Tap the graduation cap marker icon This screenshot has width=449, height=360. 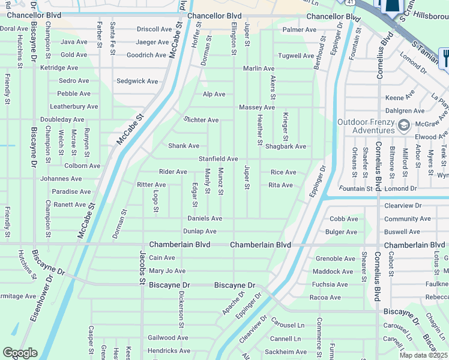pyautogui.click(x=404, y=125)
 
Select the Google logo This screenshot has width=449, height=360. pyautogui.click(x=20, y=353)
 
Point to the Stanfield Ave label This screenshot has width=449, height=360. pyautogui.click(x=218, y=159)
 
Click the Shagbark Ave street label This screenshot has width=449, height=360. pyautogui.click(x=286, y=146)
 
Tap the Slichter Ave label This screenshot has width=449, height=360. pyautogui.click(x=201, y=120)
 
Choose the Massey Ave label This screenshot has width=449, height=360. pyautogui.click(x=257, y=107)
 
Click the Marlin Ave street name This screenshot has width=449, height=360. pyautogui.click(x=259, y=68)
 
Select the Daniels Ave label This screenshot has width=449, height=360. pyautogui.click(x=205, y=218)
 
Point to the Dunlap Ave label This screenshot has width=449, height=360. pyautogui.click(x=200, y=231)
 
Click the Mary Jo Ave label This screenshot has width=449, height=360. pyautogui.click(x=167, y=271)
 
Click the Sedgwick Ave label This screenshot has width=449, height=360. pyautogui.click(x=137, y=81)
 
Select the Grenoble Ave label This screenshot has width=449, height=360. pyautogui.click(x=336, y=259)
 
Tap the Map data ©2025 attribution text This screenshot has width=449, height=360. pyautogui.click(x=424, y=355)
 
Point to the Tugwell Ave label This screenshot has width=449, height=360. pyautogui.click(x=296, y=56)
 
